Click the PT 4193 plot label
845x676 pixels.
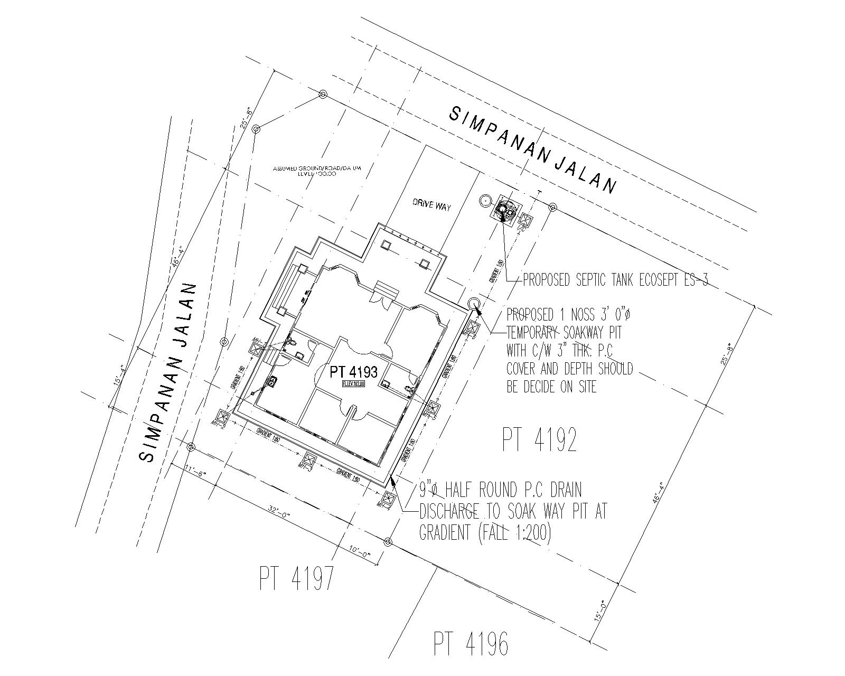coord(353,372)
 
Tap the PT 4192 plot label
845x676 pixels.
coord(539,440)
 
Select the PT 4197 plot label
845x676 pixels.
coord(297,578)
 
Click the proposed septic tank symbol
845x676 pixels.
coord(505,211)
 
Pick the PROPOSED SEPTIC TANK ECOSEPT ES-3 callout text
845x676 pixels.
coord(615,280)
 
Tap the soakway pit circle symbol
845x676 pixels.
coord(474,303)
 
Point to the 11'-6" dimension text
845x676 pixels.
coord(194,469)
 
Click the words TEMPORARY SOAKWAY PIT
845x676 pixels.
coord(564,333)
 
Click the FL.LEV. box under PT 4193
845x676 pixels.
coord(353,384)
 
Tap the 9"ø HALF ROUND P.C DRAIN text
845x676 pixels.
coord(500,491)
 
